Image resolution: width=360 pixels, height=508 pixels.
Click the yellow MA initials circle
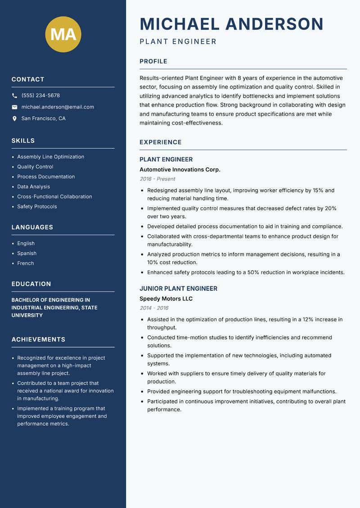pos(63,34)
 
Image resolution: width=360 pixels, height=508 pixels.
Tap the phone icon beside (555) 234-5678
pos(14,96)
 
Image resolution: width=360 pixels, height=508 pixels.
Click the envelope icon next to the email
pos(14,107)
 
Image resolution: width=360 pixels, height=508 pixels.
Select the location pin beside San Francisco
pos(14,119)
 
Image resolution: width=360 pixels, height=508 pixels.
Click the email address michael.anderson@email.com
pos(58,107)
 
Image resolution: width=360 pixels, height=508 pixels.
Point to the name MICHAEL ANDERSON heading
pos(232,24)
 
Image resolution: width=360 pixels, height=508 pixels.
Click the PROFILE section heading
pos(153,62)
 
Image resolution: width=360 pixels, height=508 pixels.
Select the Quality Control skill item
pos(35,167)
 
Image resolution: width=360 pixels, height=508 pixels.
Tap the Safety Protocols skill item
pos(37,207)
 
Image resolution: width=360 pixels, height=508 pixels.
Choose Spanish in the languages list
pos(27,254)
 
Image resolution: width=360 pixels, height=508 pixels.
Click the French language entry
pos(26,263)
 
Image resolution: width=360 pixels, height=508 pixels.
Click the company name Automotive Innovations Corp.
pos(180,170)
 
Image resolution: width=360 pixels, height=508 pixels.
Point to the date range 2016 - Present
pos(157,179)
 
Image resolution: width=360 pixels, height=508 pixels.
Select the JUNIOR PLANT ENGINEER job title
pos(178,289)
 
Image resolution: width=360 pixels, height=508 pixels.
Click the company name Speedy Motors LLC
pos(166,299)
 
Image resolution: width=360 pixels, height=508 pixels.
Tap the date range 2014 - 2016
pos(154,308)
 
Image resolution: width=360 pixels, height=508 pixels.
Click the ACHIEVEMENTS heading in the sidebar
pos(38,339)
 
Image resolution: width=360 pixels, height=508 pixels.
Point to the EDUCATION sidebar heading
pos(31,284)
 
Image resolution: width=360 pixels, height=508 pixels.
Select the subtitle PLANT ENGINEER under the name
pos(178,42)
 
